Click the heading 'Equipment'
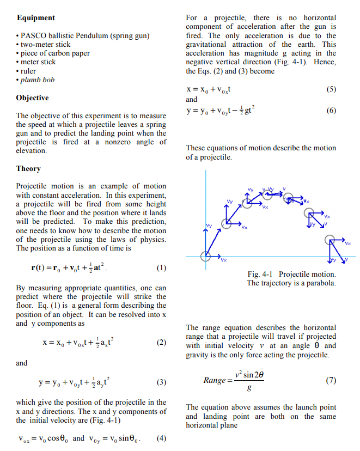pos(35,18)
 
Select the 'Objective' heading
pos(32,98)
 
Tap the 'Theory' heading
pos(28,169)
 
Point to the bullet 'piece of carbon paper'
pos(55,53)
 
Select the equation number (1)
pos(161,268)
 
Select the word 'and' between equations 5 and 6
pos(192,100)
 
